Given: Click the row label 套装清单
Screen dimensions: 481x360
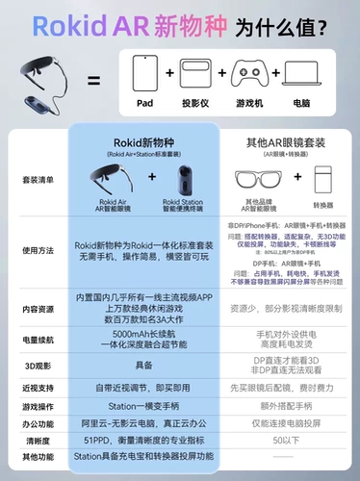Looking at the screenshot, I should pos(39,178).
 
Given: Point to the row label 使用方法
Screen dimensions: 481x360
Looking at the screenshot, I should pos(39,248).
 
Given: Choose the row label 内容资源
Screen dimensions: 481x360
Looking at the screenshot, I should pos(39,310).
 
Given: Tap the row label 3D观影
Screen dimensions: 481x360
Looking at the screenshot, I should pos(39,367).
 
